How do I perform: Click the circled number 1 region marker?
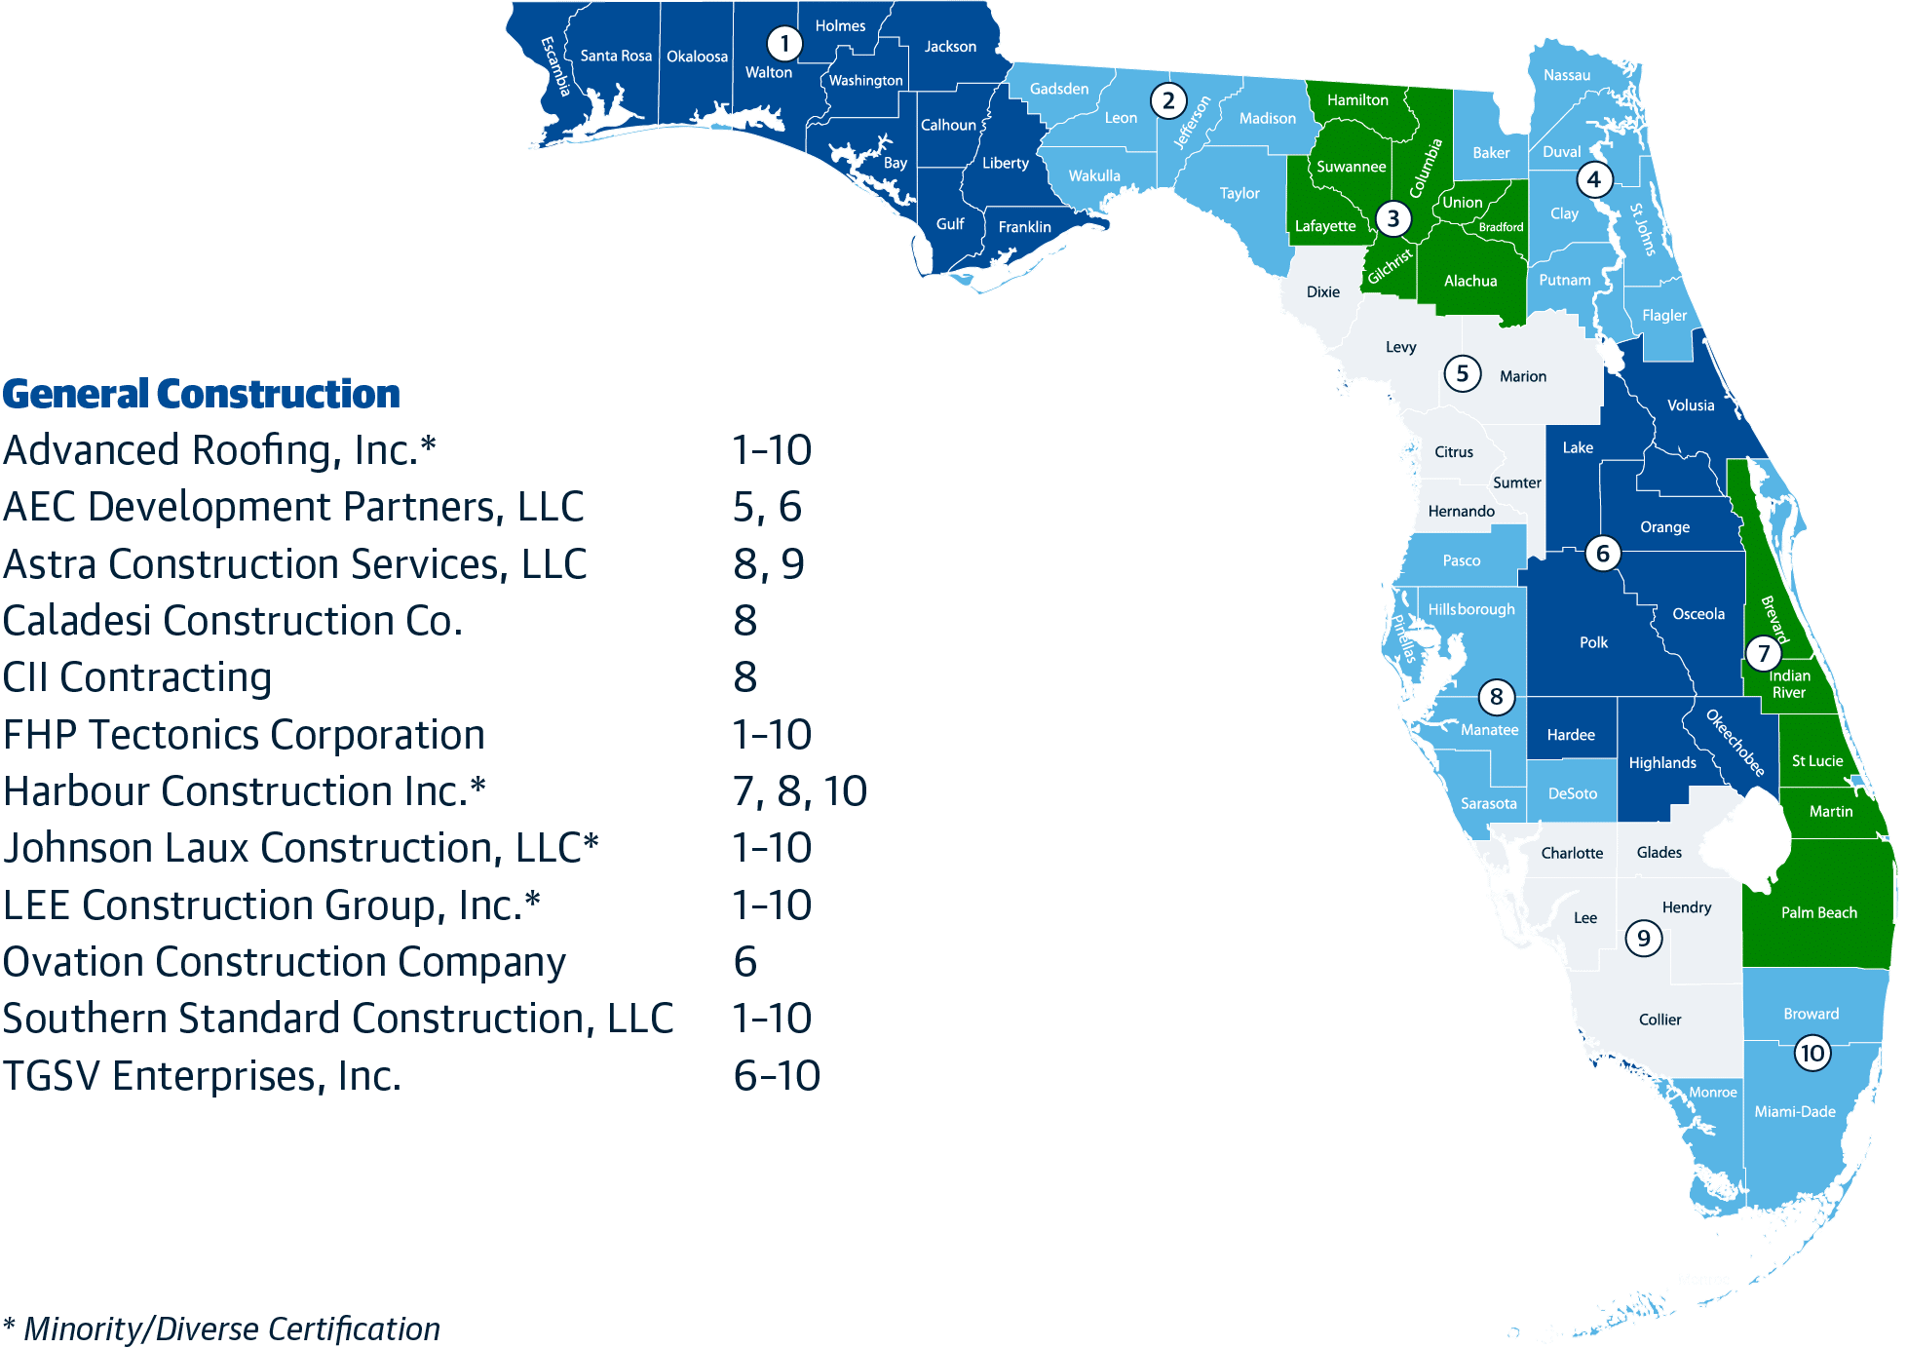(784, 43)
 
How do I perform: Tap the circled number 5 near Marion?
(1462, 373)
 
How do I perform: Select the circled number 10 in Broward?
(1812, 1053)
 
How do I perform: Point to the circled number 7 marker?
(1763, 653)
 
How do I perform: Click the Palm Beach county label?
(1818, 912)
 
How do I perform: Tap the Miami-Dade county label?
(1794, 1111)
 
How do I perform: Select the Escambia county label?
(554, 65)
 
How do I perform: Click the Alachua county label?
(1469, 281)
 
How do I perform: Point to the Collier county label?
(1659, 1020)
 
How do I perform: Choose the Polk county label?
(1593, 642)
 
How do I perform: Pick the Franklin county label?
(1024, 227)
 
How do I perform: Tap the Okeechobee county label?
(1735, 742)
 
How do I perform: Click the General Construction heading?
(201, 394)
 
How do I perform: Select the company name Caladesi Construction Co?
(232, 621)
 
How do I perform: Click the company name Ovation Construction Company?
(284, 962)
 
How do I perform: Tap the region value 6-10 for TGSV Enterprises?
(776, 1076)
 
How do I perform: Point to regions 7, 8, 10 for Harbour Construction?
(799, 791)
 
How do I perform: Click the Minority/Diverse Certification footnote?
(221, 1329)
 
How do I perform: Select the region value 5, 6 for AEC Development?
(767, 507)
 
